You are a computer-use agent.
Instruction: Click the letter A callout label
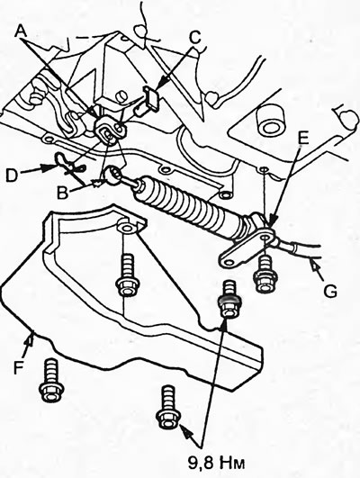tap(21, 31)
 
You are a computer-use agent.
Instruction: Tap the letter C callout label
tap(195, 38)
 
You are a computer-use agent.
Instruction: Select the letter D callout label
tap(12, 176)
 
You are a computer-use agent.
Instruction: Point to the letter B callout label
tap(62, 193)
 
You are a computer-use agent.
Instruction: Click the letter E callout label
tap(302, 138)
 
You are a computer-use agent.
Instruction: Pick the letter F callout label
tap(19, 367)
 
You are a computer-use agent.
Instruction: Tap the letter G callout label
tap(330, 291)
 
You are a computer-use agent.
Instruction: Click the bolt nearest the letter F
tap(51, 380)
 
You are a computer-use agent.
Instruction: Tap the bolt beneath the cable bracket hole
tap(265, 274)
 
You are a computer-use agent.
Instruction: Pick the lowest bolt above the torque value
tap(168, 408)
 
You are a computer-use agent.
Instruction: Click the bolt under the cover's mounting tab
tap(128, 275)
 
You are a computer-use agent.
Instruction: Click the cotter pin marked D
tap(68, 163)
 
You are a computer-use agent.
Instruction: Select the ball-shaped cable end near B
tap(112, 176)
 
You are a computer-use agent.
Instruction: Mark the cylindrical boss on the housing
tap(270, 121)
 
